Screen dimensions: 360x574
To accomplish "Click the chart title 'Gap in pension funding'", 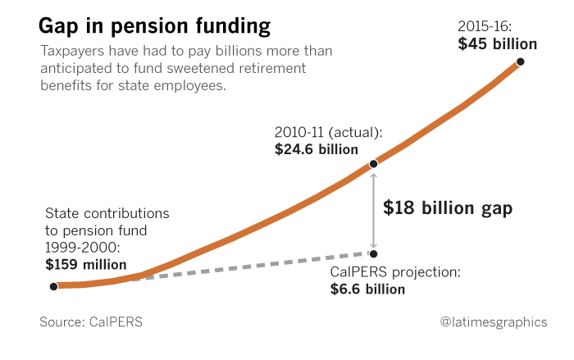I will pyautogui.click(x=154, y=26).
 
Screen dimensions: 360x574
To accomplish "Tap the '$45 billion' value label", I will pyautogui.click(x=497, y=43).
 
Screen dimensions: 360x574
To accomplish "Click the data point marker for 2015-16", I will pyautogui.click(x=520, y=62).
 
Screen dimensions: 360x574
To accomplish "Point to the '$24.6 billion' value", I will pyautogui.click(x=317, y=149).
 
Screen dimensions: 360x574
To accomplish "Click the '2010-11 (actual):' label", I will pyautogui.click(x=329, y=132).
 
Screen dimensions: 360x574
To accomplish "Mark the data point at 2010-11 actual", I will pyautogui.click(x=374, y=164).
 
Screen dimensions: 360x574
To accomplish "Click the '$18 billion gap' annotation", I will pyautogui.click(x=448, y=208).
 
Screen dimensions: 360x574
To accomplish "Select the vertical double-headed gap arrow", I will pyautogui.click(x=374, y=208).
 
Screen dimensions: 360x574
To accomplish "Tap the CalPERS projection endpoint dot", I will pyautogui.click(x=374, y=253).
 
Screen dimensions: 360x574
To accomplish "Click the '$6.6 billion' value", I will pyautogui.click(x=367, y=289).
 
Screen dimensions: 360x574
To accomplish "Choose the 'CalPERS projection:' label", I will pyautogui.click(x=395, y=271).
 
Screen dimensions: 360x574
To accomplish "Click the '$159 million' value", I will pyautogui.click(x=86, y=264).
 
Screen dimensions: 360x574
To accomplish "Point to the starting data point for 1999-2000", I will pyautogui.click(x=53, y=286).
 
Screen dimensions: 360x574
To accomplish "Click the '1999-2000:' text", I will pyautogui.click(x=81, y=247).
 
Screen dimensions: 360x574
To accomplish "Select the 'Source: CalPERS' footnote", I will pyautogui.click(x=91, y=322).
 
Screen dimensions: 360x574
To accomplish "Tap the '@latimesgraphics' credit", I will pyautogui.click(x=493, y=322).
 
